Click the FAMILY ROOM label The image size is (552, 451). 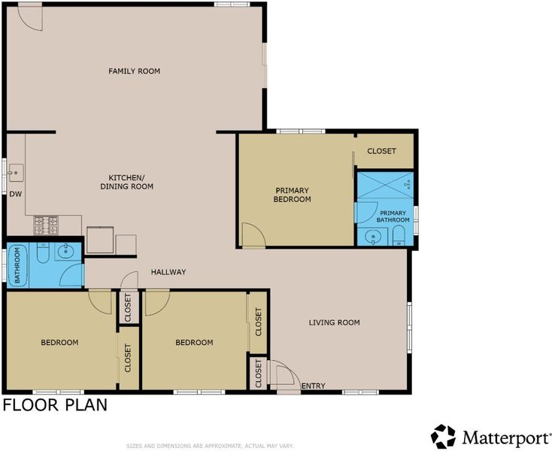coord(134,71)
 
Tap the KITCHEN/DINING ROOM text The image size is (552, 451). coord(127,181)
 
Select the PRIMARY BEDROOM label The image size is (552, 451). coord(293,195)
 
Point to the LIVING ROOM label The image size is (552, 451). coord(334,322)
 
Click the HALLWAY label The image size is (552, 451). coord(168,272)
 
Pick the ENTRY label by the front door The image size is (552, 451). coord(314,386)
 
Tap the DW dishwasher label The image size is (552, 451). coord(16,194)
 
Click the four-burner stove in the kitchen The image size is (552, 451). coord(46,225)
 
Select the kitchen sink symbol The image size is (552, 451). coord(16,173)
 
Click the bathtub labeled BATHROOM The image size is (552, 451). coord(17,266)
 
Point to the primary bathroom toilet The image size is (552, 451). coord(398,236)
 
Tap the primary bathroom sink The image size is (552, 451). coord(371,237)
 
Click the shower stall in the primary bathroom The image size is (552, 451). coord(385,185)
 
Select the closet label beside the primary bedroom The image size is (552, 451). coord(381,151)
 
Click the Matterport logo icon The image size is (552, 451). coord(443,437)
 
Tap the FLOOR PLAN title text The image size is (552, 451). coord(55,405)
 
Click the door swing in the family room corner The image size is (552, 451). coord(30,18)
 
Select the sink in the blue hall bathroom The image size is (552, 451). coord(65,252)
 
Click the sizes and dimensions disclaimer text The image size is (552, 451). coord(210,446)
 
